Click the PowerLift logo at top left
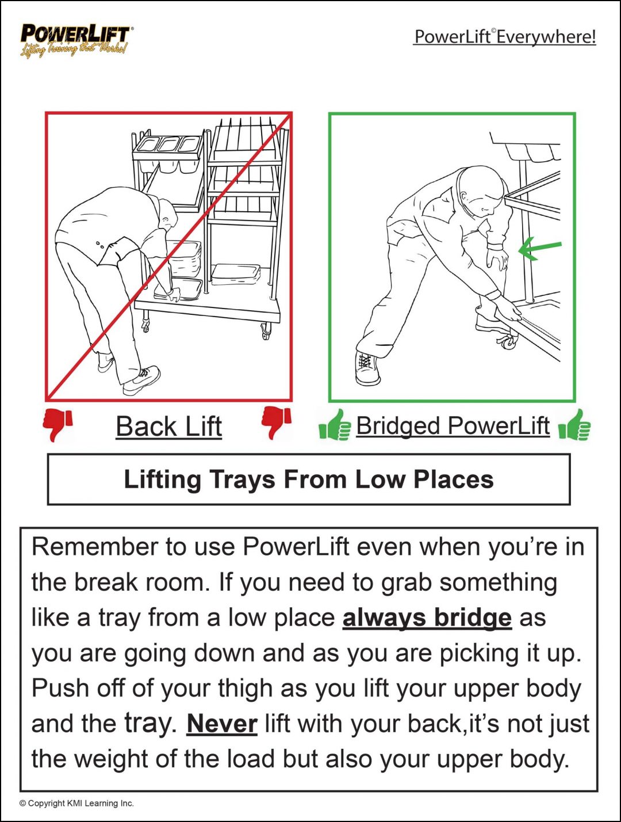[x=75, y=39]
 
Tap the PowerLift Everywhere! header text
[x=504, y=37]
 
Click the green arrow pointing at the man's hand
[x=539, y=249]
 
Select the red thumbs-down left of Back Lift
[x=58, y=424]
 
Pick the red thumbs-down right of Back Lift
[x=276, y=423]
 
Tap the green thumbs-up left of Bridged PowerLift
[x=335, y=425]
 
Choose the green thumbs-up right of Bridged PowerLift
[x=574, y=425]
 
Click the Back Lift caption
[x=168, y=427]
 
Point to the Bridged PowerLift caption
[x=453, y=426]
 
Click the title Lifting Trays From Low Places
[x=309, y=479]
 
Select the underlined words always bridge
[x=427, y=618]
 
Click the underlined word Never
[x=222, y=724]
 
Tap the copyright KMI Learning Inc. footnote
[x=76, y=803]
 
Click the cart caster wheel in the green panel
[x=508, y=342]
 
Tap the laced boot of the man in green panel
[x=367, y=368]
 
